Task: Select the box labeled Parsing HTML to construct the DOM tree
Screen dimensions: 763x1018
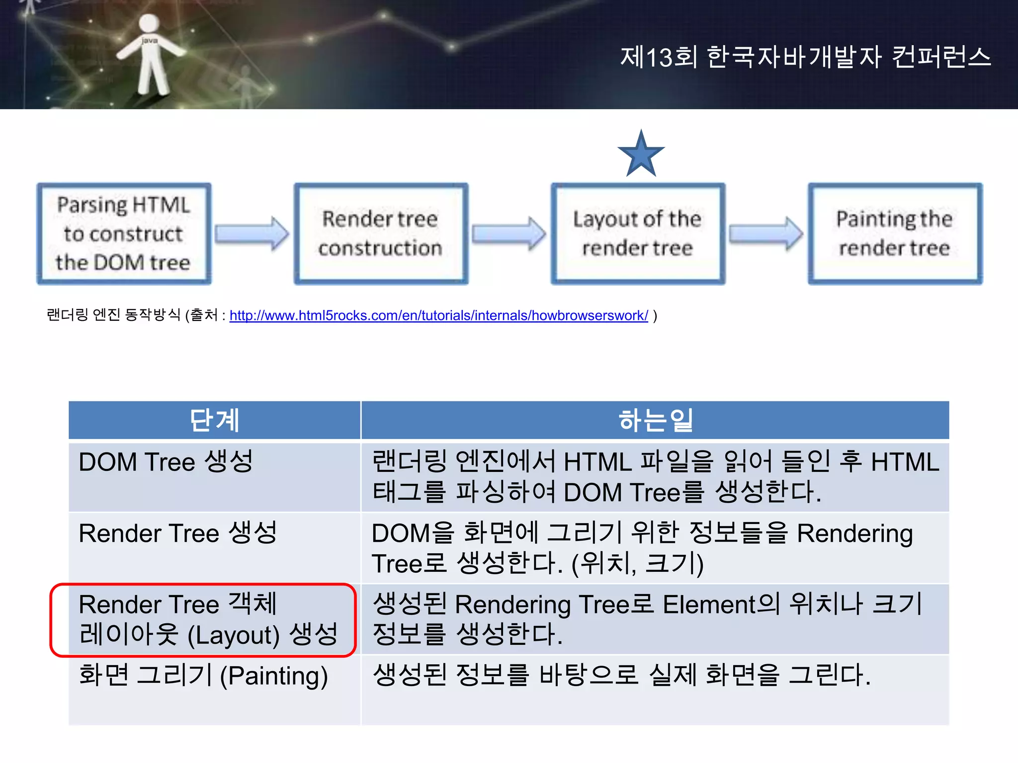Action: [124, 233]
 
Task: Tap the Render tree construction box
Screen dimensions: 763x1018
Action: [381, 233]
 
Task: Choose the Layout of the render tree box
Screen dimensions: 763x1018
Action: [638, 233]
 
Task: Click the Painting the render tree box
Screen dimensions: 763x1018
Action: [895, 233]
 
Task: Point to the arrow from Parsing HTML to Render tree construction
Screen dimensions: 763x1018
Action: [252, 233]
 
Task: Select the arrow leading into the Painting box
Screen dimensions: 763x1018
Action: [766, 233]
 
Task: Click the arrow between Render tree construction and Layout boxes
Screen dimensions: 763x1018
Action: [509, 233]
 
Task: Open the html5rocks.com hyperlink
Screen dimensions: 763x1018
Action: [438, 315]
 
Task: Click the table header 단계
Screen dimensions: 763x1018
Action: [214, 420]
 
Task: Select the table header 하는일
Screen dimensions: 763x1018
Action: [655, 420]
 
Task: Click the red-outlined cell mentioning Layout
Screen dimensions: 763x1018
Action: [204, 620]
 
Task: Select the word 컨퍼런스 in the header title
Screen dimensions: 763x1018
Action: [941, 57]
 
